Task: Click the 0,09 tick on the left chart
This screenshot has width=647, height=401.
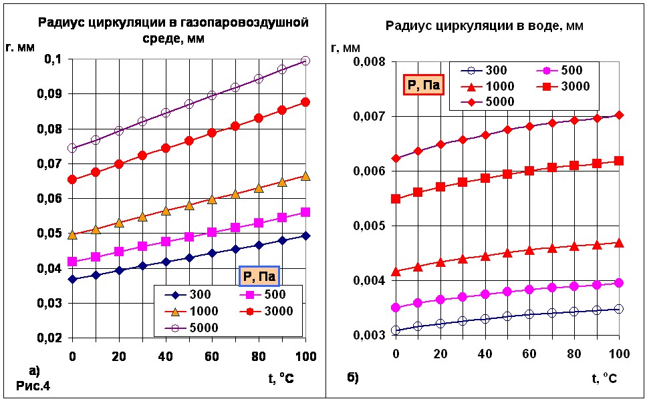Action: (51, 94)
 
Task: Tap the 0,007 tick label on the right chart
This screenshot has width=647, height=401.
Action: (370, 117)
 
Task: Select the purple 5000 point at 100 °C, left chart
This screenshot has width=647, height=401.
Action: (305, 61)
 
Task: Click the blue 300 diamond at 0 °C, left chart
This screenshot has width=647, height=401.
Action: (72, 279)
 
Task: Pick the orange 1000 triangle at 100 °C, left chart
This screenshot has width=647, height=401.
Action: (305, 176)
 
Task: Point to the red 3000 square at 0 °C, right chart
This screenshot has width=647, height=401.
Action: (396, 199)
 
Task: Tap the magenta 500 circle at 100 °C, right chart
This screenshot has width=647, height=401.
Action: (619, 283)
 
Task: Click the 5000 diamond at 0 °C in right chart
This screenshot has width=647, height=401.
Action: (396, 159)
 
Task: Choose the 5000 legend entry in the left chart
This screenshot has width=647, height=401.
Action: (191, 328)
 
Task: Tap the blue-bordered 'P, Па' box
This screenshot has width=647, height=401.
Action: (259, 276)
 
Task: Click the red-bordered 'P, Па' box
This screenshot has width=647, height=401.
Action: (424, 85)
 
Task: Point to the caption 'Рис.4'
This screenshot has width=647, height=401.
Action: (33, 386)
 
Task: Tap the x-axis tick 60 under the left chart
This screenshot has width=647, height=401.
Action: (212, 356)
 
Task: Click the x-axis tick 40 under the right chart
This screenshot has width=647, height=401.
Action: (485, 353)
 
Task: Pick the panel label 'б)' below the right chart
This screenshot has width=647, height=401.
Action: (353, 378)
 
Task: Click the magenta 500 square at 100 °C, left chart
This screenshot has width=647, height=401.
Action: (305, 212)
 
